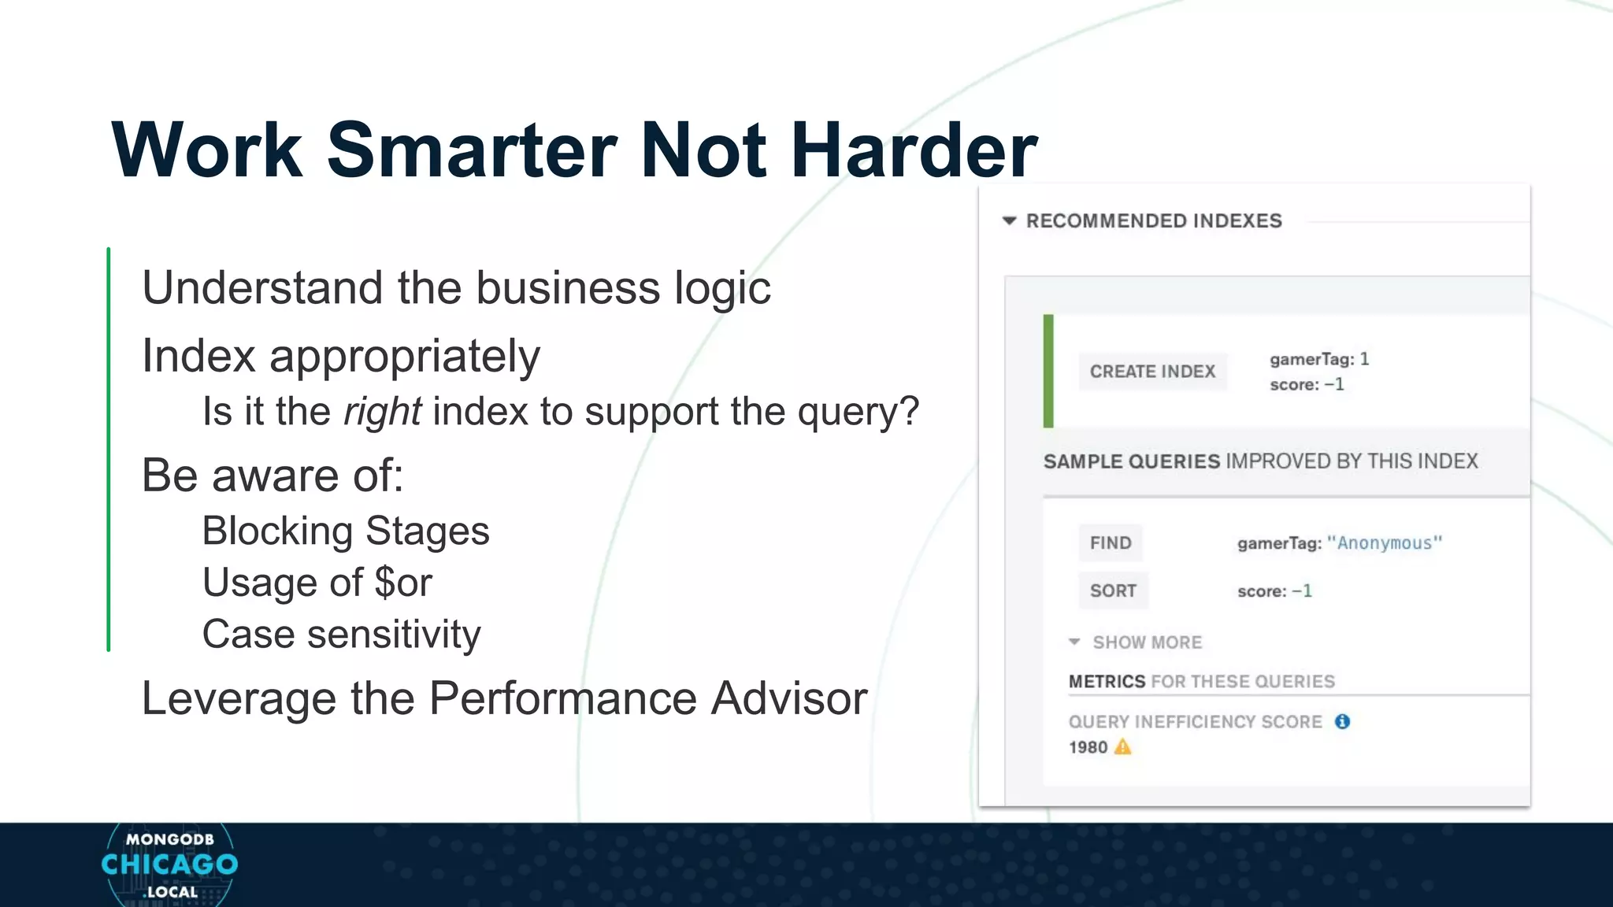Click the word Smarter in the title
coord(471,150)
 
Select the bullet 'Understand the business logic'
coord(456,288)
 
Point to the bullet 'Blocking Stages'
coord(345,531)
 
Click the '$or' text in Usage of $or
coord(403,583)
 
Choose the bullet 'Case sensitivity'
coord(341,635)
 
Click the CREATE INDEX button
coord(1152,372)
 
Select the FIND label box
coord(1111,543)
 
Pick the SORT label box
coord(1113,591)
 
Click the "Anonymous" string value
coord(1385,543)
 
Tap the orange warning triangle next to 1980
coord(1123,747)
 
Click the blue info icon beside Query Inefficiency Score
coord(1343,722)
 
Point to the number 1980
coord(1088,748)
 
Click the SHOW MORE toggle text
coord(1147,642)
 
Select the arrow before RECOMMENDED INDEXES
coord(1009,221)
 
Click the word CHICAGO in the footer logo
coord(169,864)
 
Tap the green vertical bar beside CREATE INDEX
coord(1048,371)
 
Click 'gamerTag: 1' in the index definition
coord(1319,360)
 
